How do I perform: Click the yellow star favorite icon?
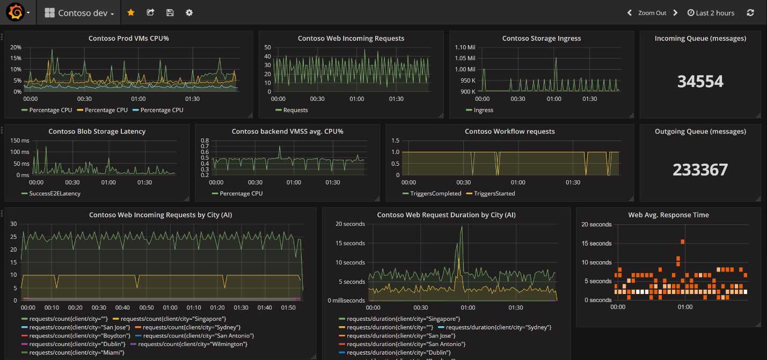tap(130, 12)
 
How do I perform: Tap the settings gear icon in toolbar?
tap(189, 12)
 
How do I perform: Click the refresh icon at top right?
tap(750, 13)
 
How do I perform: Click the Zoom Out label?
tap(652, 13)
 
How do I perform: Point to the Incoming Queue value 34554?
tap(700, 82)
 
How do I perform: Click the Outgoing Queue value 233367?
tap(700, 170)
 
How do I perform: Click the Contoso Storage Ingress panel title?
tap(541, 39)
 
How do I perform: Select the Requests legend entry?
tap(295, 110)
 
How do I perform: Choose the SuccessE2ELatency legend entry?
tap(54, 193)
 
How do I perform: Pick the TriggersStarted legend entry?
tap(494, 193)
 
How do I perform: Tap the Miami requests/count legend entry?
tap(76, 352)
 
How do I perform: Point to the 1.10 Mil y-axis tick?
tap(465, 47)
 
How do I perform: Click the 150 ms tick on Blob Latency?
tap(19, 141)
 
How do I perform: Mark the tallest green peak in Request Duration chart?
tap(461, 227)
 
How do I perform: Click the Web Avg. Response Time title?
tap(668, 215)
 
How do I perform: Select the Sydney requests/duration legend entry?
tap(498, 327)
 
